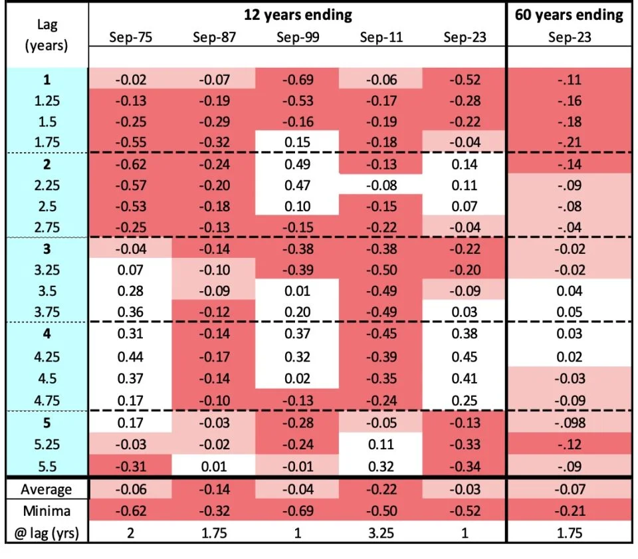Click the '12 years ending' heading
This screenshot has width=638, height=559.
(298, 15)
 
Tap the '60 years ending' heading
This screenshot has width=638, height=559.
(569, 15)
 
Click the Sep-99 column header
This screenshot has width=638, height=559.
(298, 37)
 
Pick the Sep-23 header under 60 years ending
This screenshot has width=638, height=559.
(569, 37)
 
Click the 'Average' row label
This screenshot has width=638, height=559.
(47, 489)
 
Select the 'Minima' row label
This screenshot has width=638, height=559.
(47, 510)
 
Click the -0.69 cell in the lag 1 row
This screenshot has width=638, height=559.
(298, 80)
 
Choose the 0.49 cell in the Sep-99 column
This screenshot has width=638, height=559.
(298, 164)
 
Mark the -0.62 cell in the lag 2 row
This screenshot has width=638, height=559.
(131, 164)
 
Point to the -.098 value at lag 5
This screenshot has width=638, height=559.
(569, 422)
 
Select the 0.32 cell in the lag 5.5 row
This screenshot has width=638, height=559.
(381, 463)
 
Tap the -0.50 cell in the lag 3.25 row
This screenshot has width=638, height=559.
(381, 269)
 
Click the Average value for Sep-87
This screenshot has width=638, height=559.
(214, 489)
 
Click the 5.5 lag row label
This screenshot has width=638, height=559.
(47, 463)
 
